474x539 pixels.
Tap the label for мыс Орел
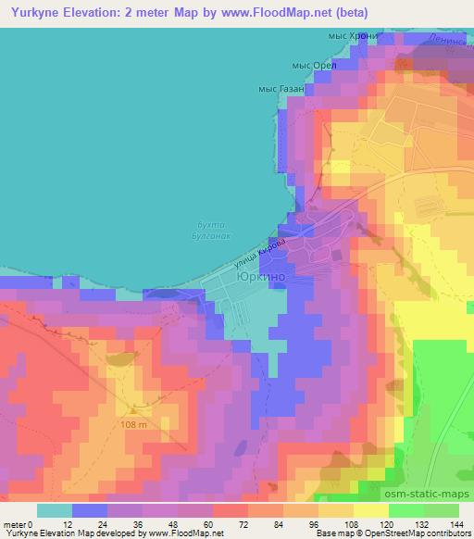[x=311, y=65]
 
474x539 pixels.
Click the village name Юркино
[x=260, y=276]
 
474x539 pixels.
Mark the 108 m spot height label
[x=133, y=424]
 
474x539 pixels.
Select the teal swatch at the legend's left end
[x=55, y=509]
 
